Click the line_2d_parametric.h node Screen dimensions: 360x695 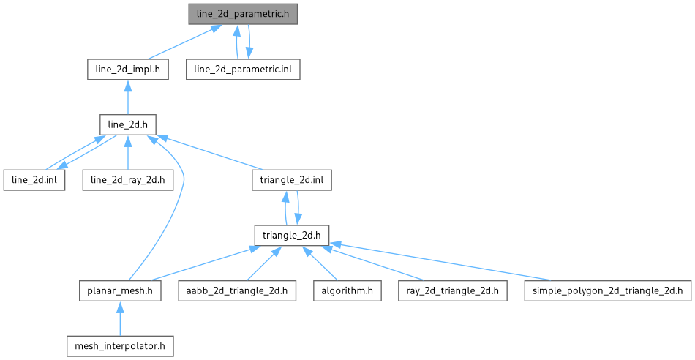pos(243,14)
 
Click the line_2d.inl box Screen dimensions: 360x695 pos(34,180)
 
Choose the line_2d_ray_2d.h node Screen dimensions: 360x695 pos(128,180)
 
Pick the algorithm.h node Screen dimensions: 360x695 pos(347,290)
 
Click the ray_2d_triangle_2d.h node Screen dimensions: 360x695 pos(448,290)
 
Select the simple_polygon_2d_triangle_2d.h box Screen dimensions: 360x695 pos(607,290)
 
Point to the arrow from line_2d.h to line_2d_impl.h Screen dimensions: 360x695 pos(128,97)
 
